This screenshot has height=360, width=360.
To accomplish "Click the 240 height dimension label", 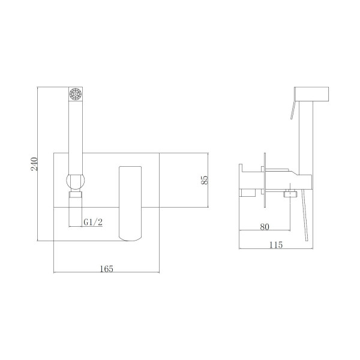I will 34,163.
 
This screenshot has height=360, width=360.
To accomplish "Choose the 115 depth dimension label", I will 276,245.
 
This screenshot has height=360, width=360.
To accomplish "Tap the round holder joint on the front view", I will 76,181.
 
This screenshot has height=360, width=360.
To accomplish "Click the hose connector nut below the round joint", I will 76,194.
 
